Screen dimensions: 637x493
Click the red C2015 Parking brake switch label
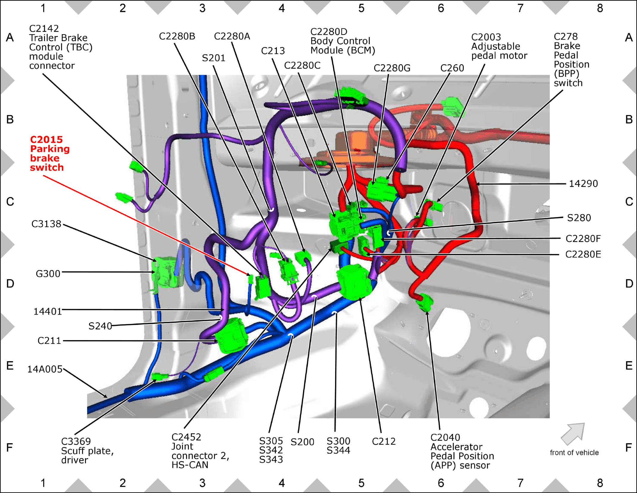[x=50, y=153]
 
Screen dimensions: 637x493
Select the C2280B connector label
[x=177, y=36]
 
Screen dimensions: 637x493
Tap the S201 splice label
[x=214, y=58]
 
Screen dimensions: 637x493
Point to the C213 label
[x=273, y=51]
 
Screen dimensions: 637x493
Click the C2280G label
[x=392, y=68]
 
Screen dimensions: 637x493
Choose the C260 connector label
[x=452, y=68]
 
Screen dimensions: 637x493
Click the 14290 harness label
[x=583, y=183]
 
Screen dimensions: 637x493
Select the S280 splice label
[x=579, y=218]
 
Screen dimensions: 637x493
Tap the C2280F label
[x=583, y=239]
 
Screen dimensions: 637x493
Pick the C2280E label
[x=583, y=254]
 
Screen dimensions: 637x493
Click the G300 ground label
[x=48, y=274]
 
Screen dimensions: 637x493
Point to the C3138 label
[x=46, y=224]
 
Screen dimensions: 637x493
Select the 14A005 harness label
[x=45, y=369]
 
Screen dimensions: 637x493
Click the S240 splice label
[x=100, y=326]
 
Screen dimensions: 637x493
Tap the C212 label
[x=384, y=441]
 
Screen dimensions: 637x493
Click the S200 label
[x=302, y=442]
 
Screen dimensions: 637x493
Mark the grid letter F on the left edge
[x=10, y=448]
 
